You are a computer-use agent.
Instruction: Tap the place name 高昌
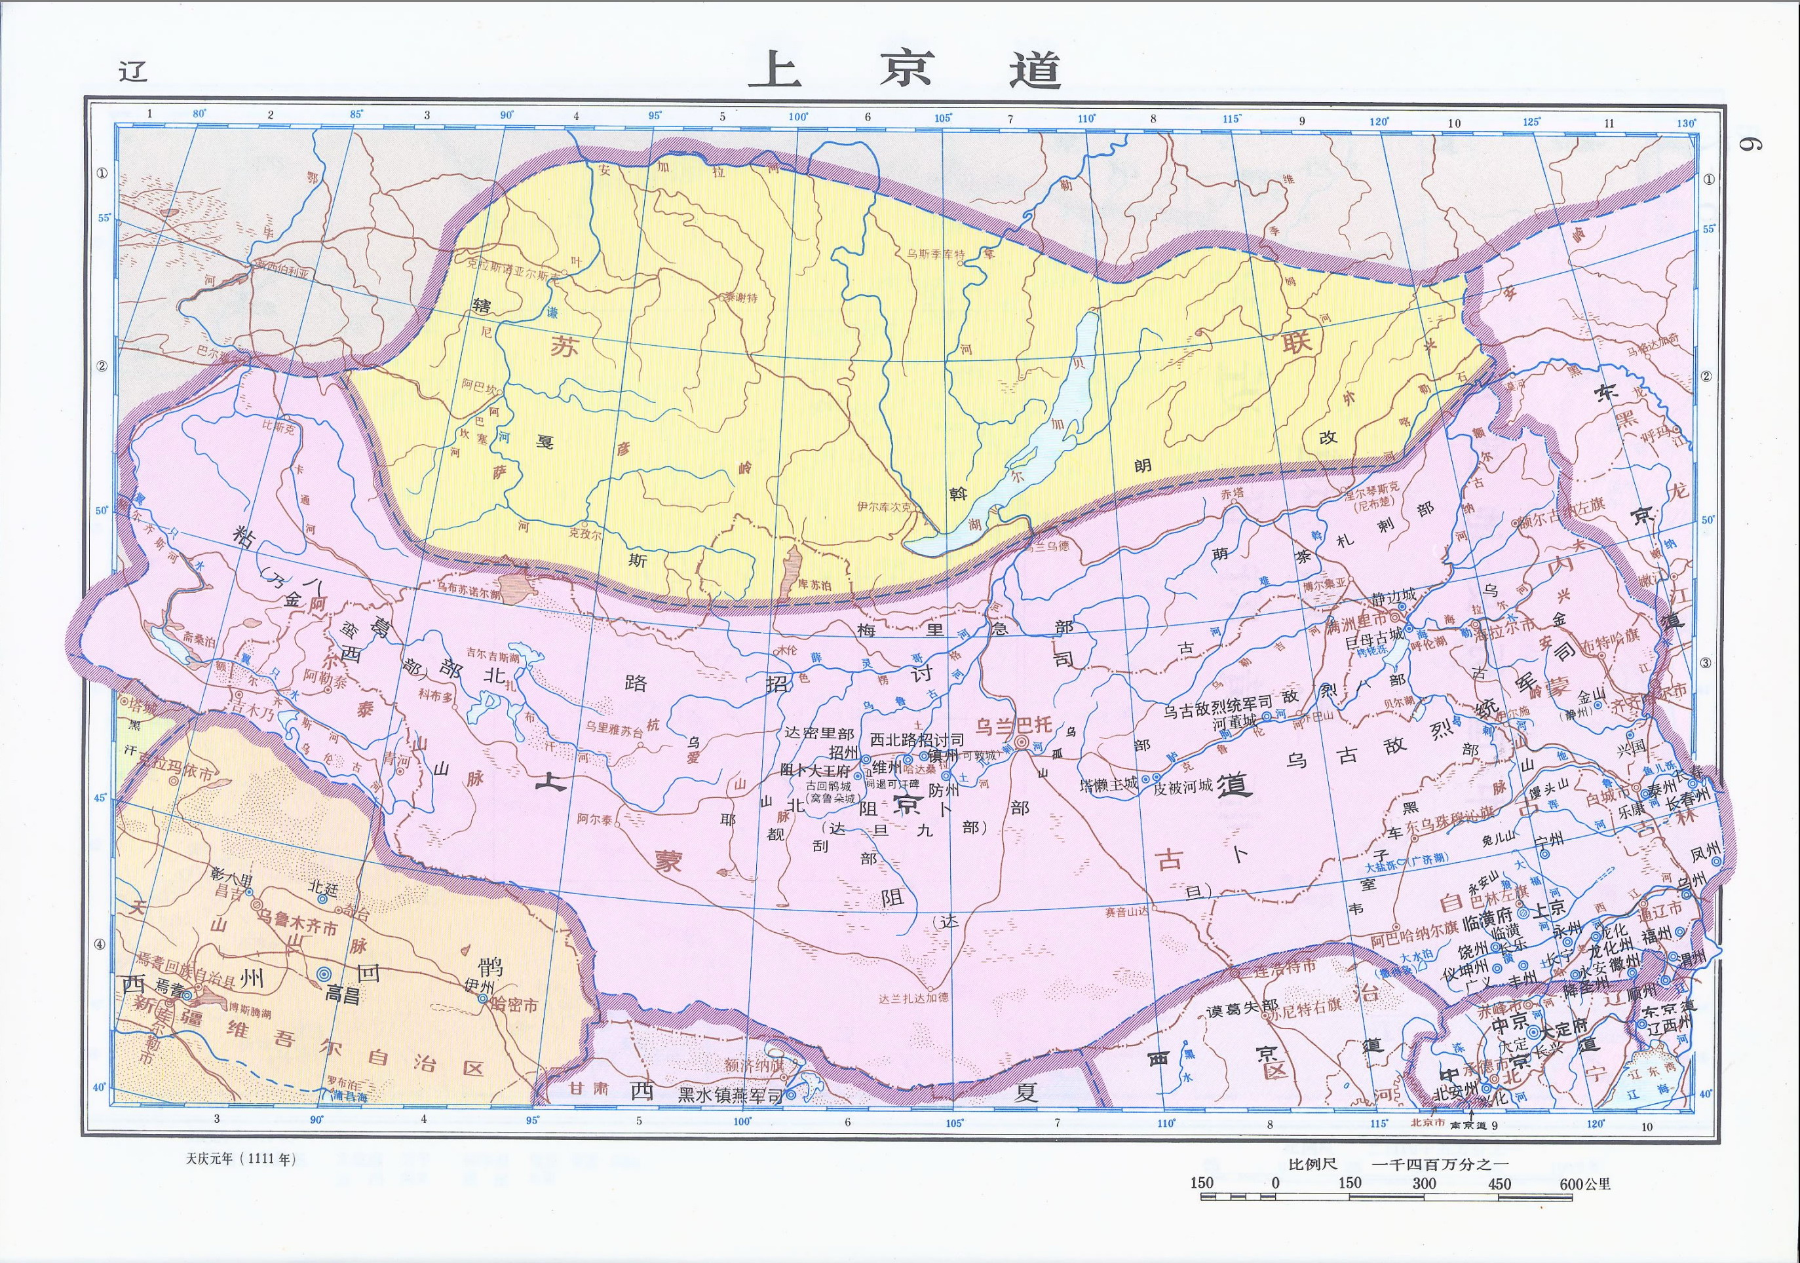coord(343,996)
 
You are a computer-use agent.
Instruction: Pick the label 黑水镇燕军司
coord(731,1096)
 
